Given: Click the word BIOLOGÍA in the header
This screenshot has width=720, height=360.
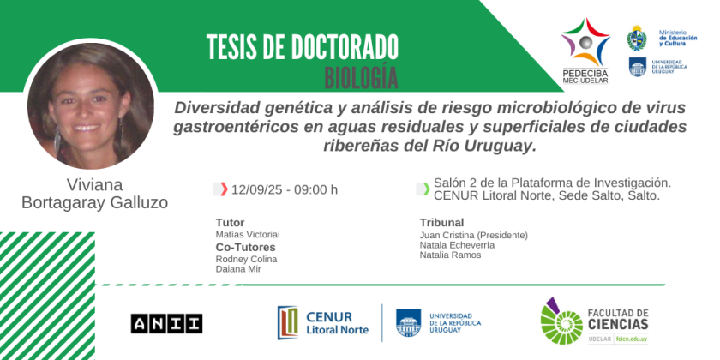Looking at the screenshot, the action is (x=361, y=78).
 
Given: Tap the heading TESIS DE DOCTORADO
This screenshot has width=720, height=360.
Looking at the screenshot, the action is (x=302, y=47).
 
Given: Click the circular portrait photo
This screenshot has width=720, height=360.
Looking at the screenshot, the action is (x=91, y=105).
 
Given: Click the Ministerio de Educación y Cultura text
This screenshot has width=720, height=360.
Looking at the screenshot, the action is (x=678, y=38).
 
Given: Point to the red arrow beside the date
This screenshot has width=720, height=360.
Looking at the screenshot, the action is (x=224, y=189).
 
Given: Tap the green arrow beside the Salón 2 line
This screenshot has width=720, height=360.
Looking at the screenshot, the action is (x=427, y=189).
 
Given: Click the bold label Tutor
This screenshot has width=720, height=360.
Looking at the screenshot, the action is (x=230, y=223).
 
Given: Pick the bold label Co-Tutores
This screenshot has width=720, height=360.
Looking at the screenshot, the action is (x=246, y=248).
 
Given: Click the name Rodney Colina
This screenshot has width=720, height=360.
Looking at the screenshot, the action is (x=246, y=259).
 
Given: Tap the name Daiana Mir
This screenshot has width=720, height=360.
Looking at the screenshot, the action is (x=238, y=269).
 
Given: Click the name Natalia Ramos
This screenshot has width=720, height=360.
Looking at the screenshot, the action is (x=451, y=255).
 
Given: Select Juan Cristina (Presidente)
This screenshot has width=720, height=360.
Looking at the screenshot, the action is (x=474, y=236).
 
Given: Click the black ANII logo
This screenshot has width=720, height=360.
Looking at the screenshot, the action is (x=166, y=323).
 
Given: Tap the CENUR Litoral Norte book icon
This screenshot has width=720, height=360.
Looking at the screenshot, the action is (x=288, y=323).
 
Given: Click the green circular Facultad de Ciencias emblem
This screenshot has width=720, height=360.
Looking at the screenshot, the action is (x=561, y=321).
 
